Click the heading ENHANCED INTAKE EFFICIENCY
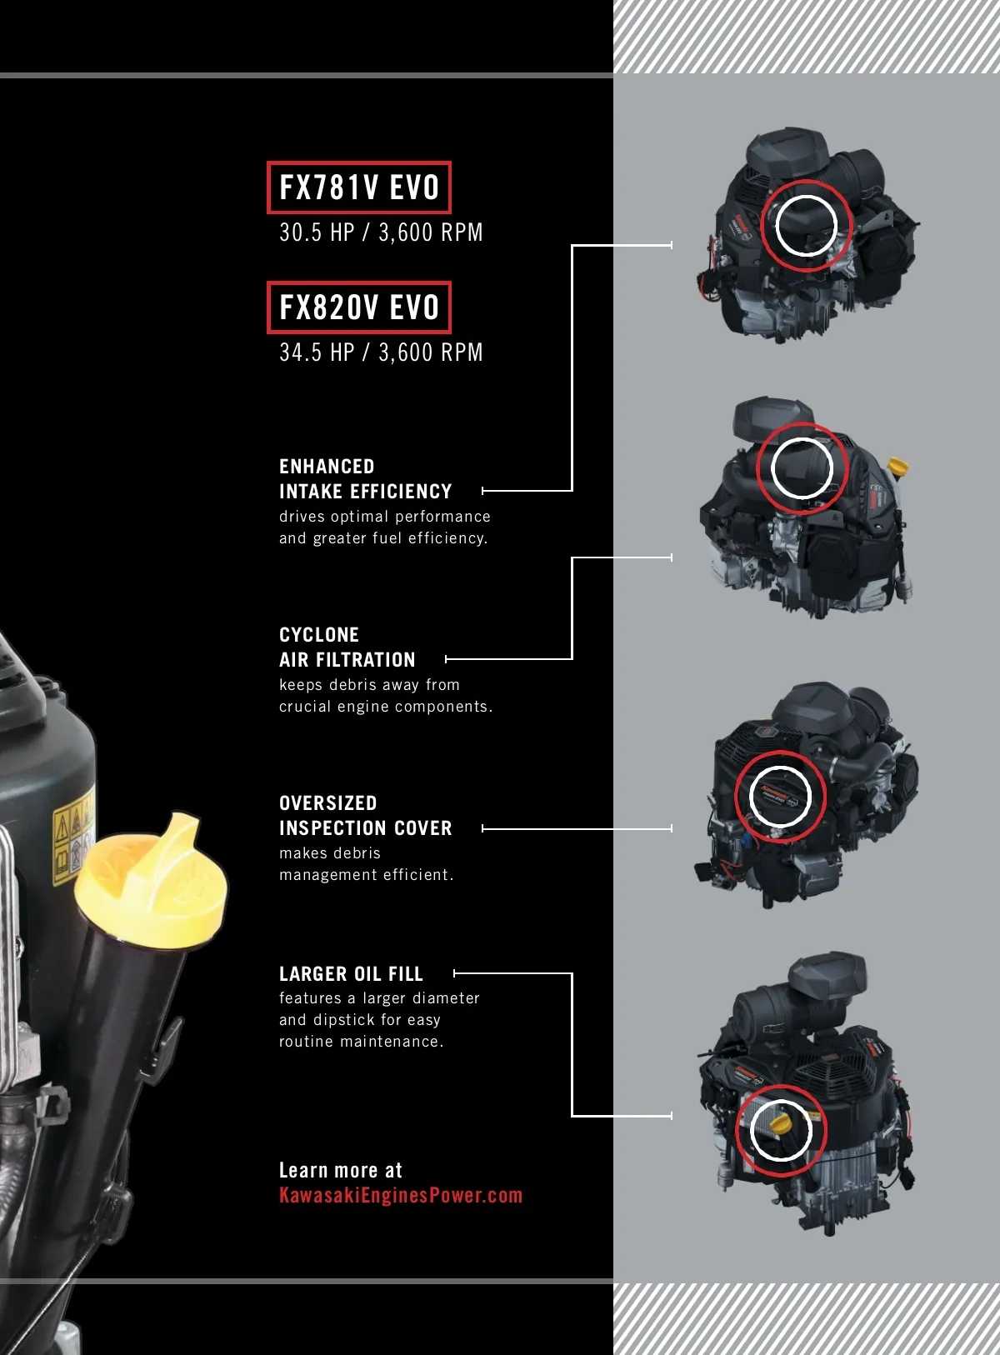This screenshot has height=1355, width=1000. [365, 479]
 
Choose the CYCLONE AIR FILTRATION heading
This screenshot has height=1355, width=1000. [347, 647]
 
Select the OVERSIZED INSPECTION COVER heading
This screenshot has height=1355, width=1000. [365, 815]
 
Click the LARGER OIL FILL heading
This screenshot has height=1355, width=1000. [351, 973]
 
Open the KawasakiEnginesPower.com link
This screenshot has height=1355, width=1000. [401, 1195]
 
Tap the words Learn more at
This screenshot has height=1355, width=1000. [340, 1170]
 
